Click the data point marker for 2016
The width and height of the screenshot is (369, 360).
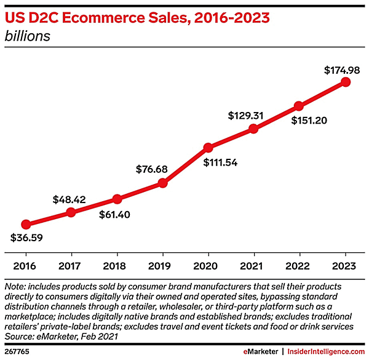[x=25, y=225]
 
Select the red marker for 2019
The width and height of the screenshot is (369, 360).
[x=162, y=183]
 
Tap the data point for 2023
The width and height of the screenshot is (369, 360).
[x=345, y=82]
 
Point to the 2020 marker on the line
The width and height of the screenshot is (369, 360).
[x=208, y=147]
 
